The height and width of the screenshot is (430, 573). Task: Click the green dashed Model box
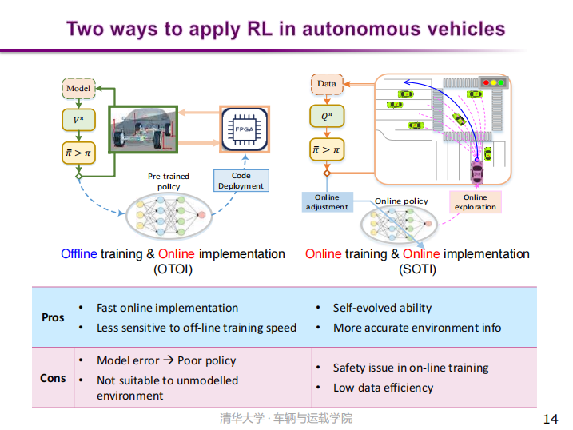[78, 87]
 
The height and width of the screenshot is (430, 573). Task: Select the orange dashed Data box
[326, 83]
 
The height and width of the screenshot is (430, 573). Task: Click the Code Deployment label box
[241, 181]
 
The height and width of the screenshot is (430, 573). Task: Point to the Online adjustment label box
[327, 201]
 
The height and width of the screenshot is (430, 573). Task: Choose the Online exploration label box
[475, 201]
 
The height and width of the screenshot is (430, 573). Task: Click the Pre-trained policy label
[169, 181]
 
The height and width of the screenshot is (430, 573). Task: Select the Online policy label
[401, 201]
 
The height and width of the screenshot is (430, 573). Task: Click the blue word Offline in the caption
[79, 254]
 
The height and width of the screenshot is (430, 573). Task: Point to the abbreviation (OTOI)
[173, 269]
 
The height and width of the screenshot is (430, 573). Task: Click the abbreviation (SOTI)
[417, 269]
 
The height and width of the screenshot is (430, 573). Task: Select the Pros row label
[53, 317]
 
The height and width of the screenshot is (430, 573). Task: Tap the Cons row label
[53, 377]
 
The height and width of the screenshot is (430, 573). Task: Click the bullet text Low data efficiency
[383, 388]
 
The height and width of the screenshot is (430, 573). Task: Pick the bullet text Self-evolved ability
[382, 308]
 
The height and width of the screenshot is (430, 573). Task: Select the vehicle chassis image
[143, 129]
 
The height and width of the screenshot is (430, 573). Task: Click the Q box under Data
[326, 117]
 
